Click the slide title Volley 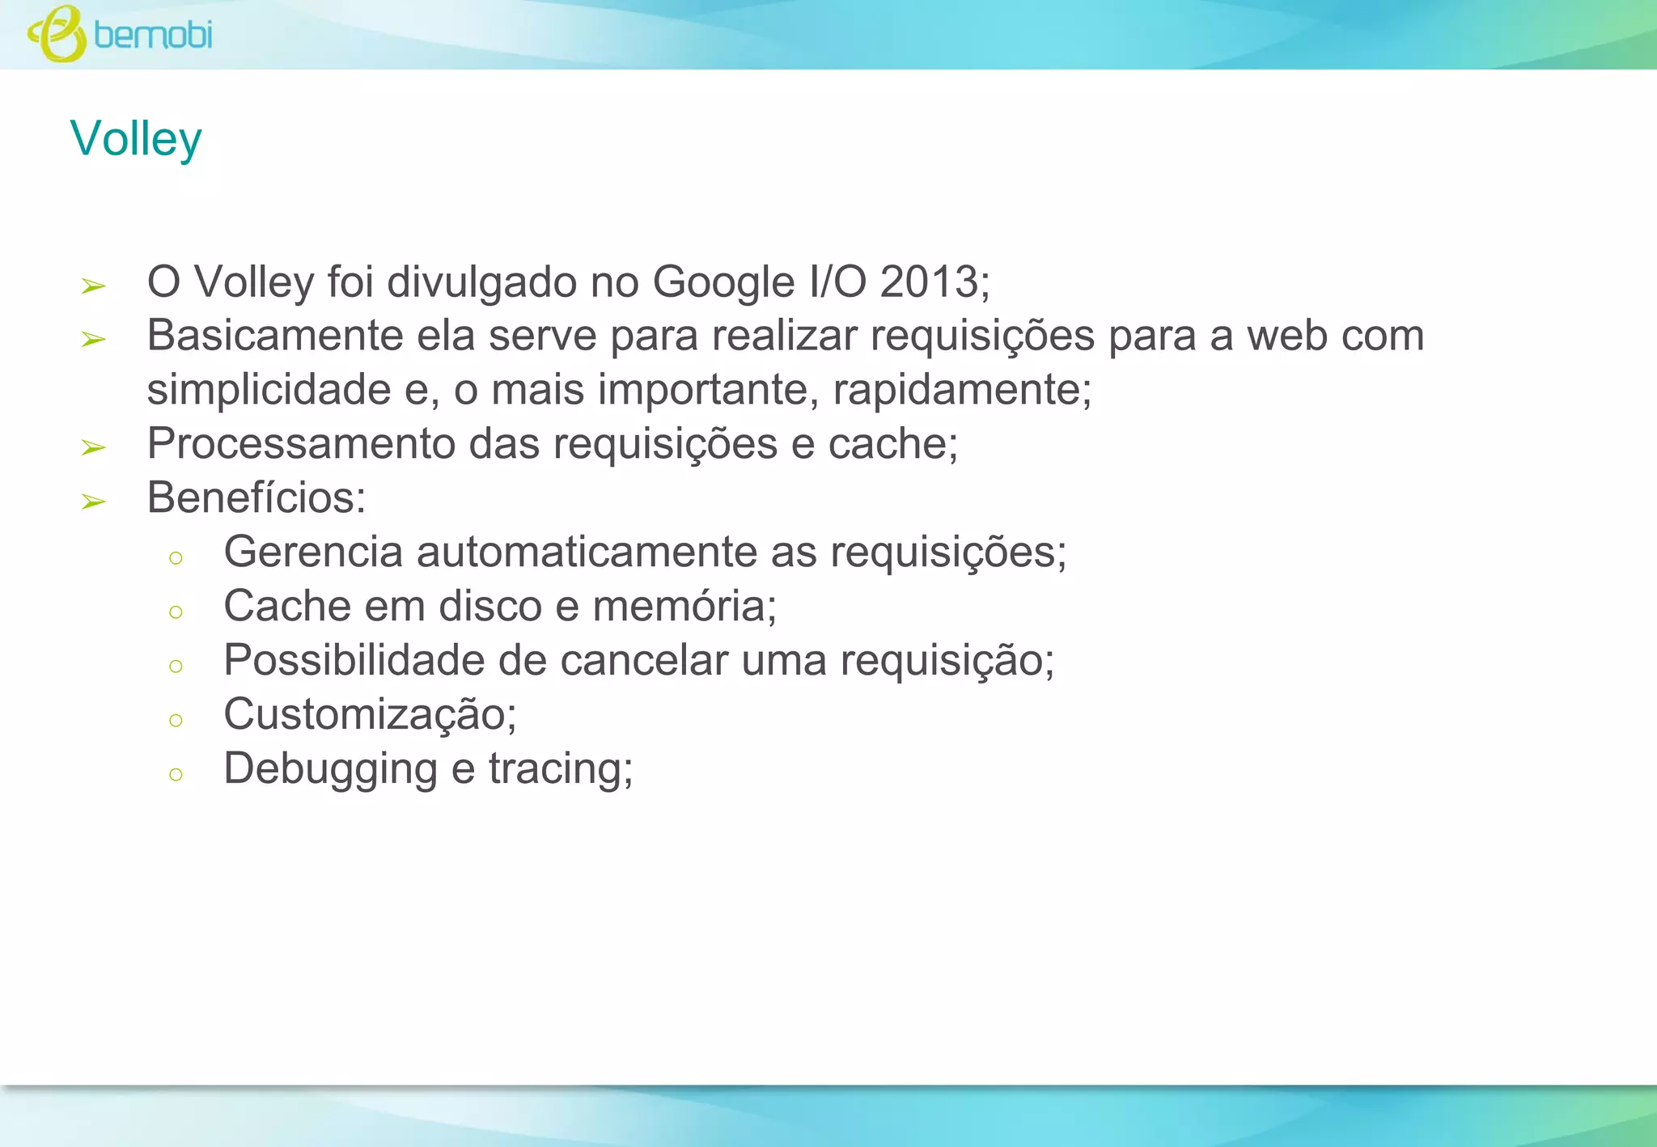coord(136,139)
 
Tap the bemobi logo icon coord(57,34)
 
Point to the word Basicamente coord(275,336)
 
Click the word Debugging coord(331,769)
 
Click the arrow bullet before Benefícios coord(94,502)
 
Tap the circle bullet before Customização coord(176,720)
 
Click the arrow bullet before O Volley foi coord(94,286)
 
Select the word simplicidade coord(269,390)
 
